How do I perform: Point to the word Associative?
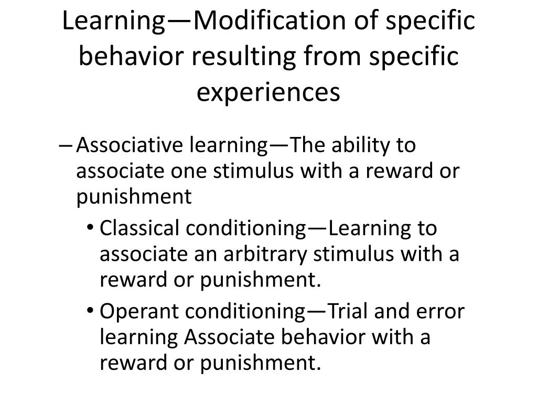(x=125, y=145)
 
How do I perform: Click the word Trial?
(x=353, y=311)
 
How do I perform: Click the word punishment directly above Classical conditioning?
(x=134, y=197)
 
